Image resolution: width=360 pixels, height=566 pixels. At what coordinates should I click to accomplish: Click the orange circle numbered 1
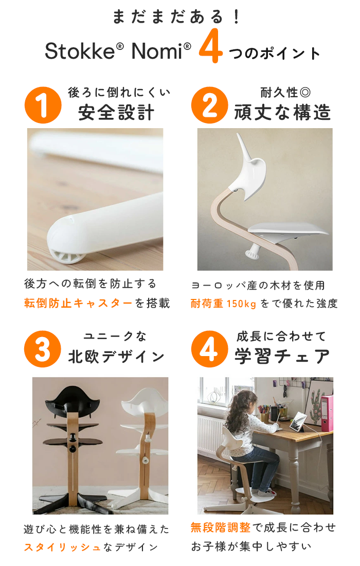tap(43, 105)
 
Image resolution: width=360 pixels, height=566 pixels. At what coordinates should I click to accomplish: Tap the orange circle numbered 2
tap(210, 105)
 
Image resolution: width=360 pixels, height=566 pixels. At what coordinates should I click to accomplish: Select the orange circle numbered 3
tap(43, 349)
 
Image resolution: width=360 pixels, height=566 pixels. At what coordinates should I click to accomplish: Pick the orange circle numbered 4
tap(210, 349)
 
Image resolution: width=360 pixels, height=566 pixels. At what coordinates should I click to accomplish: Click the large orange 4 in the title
tap(211, 46)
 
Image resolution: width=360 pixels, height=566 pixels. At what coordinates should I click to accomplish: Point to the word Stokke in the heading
tap(80, 51)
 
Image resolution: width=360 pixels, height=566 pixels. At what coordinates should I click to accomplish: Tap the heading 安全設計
tap(116, 112)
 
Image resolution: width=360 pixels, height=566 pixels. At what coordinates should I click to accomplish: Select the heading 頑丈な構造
tap(282, 112)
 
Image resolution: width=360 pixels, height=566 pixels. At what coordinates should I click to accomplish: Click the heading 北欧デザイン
tap(116, 357)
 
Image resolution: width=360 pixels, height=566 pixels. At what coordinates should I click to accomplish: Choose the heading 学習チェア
tap(282, 356)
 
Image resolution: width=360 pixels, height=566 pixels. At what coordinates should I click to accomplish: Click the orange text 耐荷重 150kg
tap(223, 304)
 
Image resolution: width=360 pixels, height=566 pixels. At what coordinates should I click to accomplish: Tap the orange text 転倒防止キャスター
tap(78, 303)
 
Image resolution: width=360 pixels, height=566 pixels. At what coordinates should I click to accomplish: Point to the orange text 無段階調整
tap(221, 527)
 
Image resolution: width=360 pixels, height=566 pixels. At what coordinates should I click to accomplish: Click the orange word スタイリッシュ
tap(62, 547)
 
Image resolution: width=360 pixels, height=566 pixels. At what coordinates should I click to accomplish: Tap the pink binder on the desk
tap(327, 413)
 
